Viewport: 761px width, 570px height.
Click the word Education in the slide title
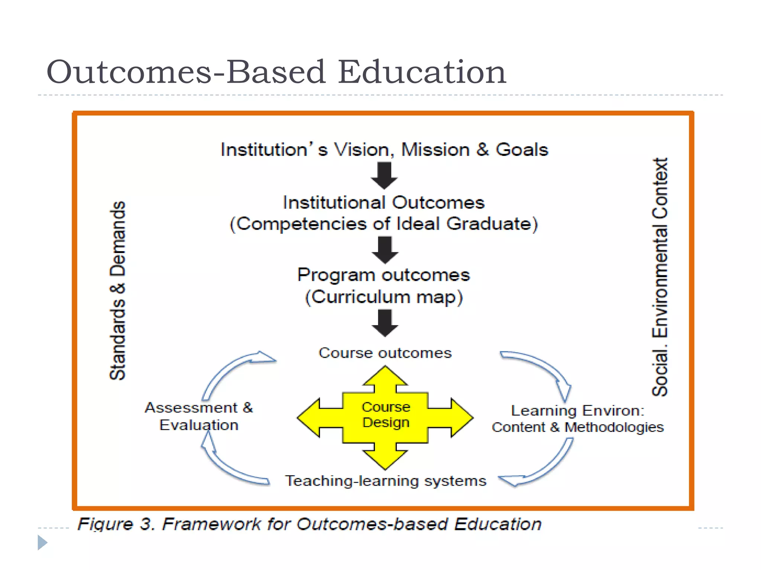(x=422, y=72)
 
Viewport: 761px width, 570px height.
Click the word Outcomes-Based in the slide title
(x=186, y=72)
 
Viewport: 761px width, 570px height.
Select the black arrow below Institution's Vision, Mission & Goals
(x=384, y=176)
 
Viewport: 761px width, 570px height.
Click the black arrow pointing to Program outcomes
(x=385, y=250)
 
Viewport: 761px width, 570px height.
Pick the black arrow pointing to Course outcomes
(x=385, y=323)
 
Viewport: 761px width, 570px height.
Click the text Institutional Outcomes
(x=383, y=203)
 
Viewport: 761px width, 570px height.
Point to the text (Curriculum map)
(x=384, y=297)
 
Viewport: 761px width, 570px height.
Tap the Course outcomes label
(x=385, y=353)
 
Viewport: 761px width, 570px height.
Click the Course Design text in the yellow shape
(x=386, y=415)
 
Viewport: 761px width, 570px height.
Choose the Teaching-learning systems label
(x=385, y=481)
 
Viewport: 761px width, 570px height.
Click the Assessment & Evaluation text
(x=199, y=416)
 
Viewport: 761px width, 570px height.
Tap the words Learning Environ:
(x=577, y=411)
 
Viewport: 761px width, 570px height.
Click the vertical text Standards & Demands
(x=118, y=291)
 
